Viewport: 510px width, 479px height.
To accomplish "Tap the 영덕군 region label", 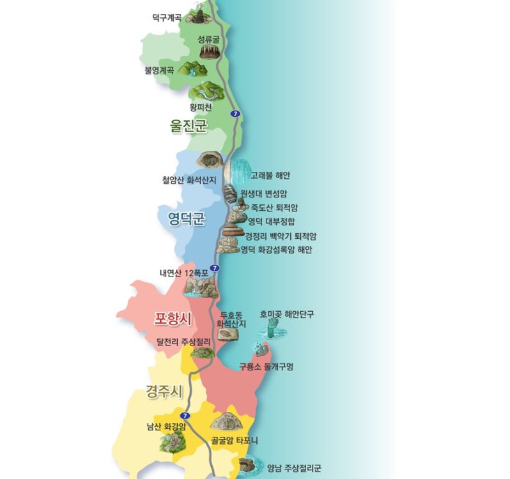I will pos(182,220).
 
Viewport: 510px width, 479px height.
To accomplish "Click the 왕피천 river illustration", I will pos(207,91).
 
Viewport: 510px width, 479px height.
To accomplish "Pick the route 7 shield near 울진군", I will pos(236,114).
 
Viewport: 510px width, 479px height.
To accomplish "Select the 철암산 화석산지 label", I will pos(189,180).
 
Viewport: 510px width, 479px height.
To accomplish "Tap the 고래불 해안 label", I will pos(270,174).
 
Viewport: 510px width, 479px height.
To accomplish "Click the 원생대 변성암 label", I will pos(266,194).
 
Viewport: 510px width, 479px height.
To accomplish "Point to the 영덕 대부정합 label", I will pos(271,222).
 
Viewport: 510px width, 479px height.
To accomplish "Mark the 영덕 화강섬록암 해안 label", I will pos(277,250).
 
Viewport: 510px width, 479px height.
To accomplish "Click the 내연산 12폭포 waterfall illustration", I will pos(199,286).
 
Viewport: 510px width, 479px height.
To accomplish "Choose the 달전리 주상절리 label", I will pos(183,342).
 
